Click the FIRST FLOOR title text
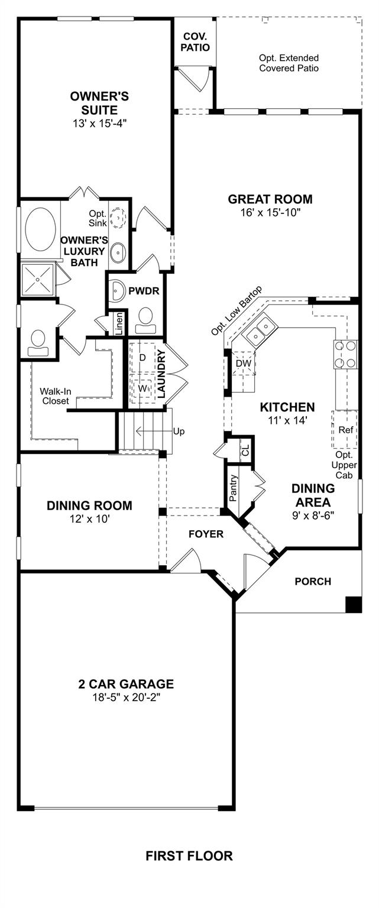coord(189,856)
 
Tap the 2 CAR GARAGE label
coord(126,684)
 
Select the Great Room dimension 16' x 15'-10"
coord(270,212)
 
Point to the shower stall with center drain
coord(38,280)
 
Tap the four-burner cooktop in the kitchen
coord(345,354)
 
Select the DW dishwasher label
coord(244,364)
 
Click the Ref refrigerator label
coord(346,430)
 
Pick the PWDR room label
coord(144,291)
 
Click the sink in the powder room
coord(118,291)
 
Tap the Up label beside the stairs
coord(179,432)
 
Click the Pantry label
coord(233,488)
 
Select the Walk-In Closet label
coord(54,396)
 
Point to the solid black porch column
coord(353,604)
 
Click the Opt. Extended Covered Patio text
coord(289,63)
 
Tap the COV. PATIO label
coord(195,42)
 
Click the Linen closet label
coord(119,323)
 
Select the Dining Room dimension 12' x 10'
coord(90,519)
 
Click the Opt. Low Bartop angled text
coord(237,310)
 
